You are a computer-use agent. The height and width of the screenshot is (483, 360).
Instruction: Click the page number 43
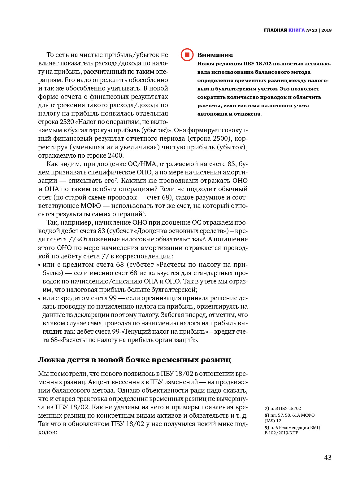(327, 458)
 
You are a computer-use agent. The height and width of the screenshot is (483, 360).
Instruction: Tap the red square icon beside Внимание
(187, 55)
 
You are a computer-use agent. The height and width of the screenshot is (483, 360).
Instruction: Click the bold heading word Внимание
(215, 55)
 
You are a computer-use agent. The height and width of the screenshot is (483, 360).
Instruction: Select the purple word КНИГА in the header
(296, 30)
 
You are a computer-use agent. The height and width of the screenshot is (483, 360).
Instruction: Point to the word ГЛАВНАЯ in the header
(275, 30)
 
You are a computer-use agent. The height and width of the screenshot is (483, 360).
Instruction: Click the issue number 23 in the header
(314, 30)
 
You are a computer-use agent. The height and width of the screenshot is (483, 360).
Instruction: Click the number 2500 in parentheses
(221, 138)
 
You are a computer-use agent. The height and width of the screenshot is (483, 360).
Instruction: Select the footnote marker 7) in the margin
(267, 408)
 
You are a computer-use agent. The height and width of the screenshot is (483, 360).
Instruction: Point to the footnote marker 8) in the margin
(267, 415)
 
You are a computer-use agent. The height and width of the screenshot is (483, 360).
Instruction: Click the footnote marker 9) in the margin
(267, 428)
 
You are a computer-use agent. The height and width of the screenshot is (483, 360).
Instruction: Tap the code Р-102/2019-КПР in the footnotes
(281, 433)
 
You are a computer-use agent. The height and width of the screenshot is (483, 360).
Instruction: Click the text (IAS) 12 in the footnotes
(273, 421)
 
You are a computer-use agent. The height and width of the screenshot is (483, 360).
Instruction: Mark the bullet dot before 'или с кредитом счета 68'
(39, 265)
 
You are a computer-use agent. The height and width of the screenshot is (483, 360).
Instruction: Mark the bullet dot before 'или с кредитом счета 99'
(39, 299)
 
